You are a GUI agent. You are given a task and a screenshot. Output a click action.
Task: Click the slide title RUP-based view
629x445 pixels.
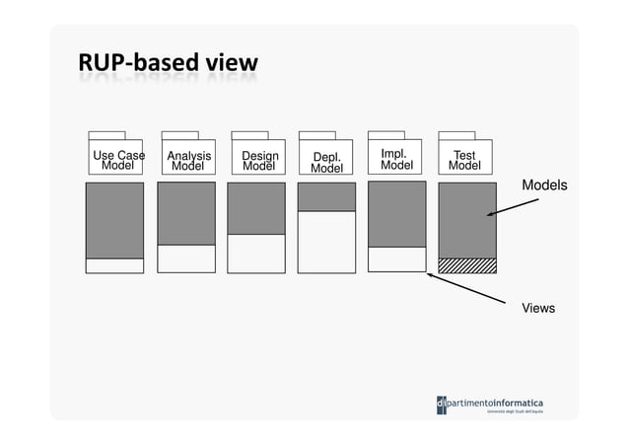[168, 64]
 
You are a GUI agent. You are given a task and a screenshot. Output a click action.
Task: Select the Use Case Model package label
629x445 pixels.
[118, 160]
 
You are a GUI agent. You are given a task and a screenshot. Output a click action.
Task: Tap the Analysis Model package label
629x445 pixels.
[188, 161]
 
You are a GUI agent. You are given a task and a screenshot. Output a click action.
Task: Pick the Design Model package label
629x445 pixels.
[259, 161]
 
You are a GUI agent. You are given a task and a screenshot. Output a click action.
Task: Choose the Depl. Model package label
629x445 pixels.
[326, 163]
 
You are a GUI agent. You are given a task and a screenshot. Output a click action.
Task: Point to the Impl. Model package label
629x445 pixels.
[396, 160]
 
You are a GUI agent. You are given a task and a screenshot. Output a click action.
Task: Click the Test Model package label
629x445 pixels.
[464, 161]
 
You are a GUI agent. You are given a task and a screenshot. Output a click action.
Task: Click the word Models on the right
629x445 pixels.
[544, 185]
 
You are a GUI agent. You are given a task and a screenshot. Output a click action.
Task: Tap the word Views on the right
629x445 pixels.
[538, 309]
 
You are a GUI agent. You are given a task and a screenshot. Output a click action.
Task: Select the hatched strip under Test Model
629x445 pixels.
[467, 264]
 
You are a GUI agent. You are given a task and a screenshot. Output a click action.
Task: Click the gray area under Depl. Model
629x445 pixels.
[326, 196]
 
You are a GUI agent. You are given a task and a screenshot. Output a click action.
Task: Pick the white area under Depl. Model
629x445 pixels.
[326, 242]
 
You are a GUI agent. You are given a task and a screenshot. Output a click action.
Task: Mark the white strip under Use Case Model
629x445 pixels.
[114, 265]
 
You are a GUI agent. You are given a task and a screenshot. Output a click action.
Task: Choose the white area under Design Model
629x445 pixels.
[256, 253]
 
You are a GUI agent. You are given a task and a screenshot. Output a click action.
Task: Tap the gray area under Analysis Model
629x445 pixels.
[186, 213]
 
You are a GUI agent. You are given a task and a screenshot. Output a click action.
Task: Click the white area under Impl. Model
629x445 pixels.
[397, 259]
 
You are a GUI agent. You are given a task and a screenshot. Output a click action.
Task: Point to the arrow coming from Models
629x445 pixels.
[513, 208]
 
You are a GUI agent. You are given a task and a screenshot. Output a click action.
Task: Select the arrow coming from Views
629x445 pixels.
[473, 290]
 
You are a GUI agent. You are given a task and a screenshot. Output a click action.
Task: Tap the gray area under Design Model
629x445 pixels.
[256, 208]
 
